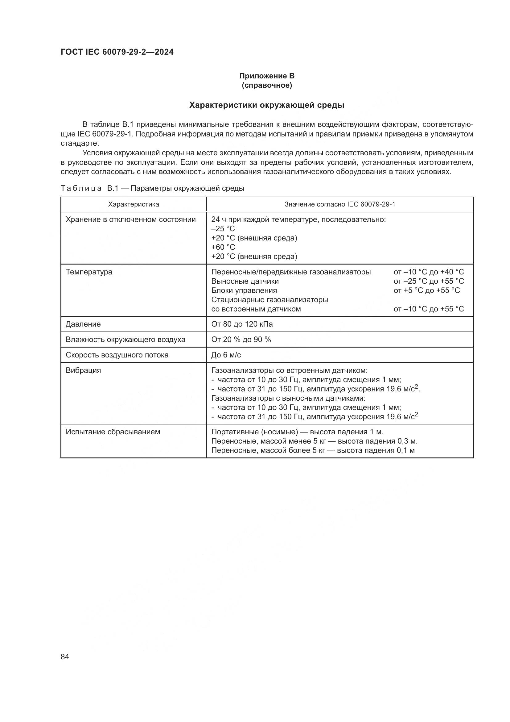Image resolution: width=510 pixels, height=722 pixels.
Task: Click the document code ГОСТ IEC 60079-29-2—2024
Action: [117, 52]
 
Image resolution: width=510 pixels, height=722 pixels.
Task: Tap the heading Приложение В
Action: [267, 76]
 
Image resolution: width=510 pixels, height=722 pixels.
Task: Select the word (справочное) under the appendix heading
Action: [267, 85]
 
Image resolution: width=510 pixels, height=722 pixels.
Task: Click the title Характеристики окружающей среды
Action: [267, 105]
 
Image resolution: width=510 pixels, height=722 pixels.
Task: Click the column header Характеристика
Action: [134, 204]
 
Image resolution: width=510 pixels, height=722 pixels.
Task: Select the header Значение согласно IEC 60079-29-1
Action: [339, 204]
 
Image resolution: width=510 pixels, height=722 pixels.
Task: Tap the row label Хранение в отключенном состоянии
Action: [131, 219]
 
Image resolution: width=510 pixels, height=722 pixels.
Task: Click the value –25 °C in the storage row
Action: [223, 229]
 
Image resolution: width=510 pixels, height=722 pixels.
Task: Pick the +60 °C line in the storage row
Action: [223, 247]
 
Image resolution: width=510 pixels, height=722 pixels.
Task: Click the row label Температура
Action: [89, 272]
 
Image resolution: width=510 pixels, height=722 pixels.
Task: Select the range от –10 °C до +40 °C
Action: [428, 272]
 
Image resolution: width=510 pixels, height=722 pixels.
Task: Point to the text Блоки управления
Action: [244, 290]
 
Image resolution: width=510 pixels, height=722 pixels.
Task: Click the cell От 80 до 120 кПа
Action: [242, 324]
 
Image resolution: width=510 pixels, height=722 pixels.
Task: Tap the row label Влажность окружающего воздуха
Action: [125, 340]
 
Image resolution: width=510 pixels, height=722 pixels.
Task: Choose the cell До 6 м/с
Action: [226, 355]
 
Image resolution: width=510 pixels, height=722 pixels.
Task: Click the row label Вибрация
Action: [83, 370]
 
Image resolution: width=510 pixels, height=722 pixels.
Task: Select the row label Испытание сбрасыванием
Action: [113, 432]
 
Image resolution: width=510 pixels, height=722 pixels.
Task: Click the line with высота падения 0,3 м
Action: [314, 441]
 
